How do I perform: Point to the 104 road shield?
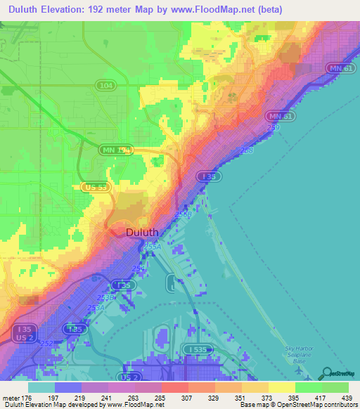(106, 84)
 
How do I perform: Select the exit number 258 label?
(246, 150)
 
